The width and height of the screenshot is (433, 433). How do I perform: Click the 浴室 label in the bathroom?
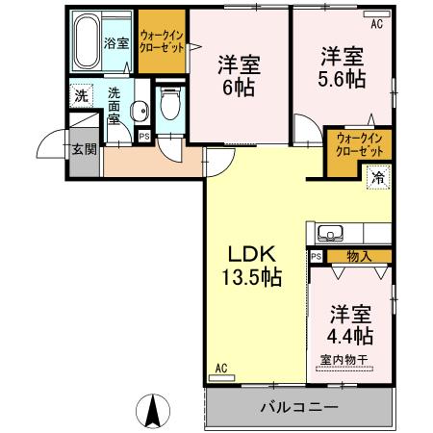(117, 44)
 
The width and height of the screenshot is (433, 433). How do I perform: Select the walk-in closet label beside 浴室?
(161, 41)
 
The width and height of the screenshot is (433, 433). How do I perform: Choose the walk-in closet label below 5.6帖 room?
(358, 145)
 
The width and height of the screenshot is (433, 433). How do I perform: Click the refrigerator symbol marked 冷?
(377, 177)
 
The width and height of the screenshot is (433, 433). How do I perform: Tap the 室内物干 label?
(343, 360)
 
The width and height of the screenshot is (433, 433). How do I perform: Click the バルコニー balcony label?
(298, 407)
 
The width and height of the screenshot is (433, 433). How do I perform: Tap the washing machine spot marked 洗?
(82, 96)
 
